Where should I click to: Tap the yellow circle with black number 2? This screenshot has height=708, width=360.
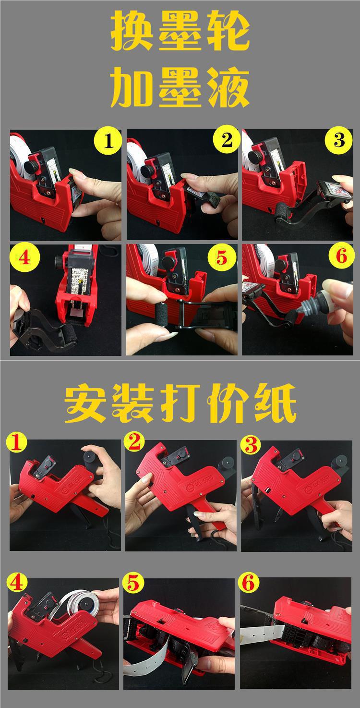(x=226, y=140)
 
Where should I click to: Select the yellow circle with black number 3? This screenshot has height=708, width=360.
(x=339, y=140)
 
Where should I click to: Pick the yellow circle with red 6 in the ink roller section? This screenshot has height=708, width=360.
(x=341, y=256)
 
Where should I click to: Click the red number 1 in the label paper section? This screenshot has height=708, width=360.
(x=16, y=442)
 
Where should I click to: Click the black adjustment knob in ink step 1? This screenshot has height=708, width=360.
(x=32, y=165)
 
